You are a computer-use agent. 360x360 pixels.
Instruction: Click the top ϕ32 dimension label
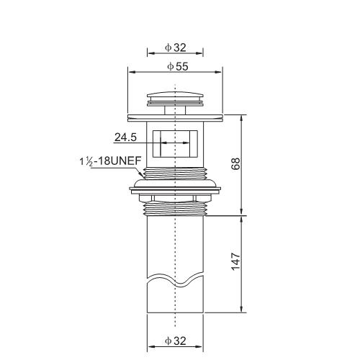176,48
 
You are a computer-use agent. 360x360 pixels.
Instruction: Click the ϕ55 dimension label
178,66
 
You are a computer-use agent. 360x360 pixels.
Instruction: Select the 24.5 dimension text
125,138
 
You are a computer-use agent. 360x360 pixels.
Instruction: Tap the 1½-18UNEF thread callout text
110,161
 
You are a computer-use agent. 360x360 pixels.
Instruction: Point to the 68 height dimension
235,164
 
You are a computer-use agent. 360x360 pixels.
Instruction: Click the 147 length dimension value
235,261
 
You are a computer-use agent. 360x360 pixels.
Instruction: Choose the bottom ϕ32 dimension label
176,341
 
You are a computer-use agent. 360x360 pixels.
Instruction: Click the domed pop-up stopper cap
175,98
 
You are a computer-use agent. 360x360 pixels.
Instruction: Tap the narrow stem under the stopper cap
175,110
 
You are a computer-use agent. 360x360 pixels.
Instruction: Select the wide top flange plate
175,118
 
